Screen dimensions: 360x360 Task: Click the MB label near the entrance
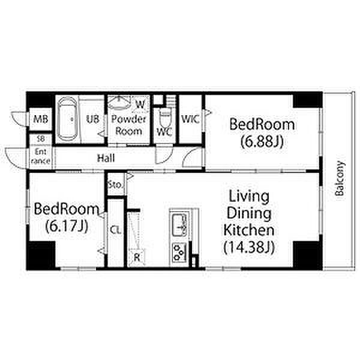click(x=40, y=119)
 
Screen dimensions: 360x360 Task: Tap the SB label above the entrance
click(x=41, y=139)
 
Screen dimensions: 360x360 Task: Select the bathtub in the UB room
click(x=67, y=119)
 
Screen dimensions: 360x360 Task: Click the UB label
click(x=93, y=119)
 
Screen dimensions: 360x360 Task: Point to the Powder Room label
click(x=128, y=125)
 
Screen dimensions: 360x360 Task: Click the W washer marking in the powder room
click(x=140, y=104)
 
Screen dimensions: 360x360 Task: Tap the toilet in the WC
click(x=165, y=117)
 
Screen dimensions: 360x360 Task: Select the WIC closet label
click(x=190, y=119)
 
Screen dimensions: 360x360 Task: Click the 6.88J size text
click(x=262, y=142)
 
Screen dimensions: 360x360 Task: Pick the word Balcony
click(x=340, y=178)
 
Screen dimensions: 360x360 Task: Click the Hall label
click(x=106, y=158)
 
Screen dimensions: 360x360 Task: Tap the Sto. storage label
click(x=115, y=185)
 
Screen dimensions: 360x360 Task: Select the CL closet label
click(x=115, y=230)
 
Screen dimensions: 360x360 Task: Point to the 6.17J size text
click(x=67, y=226)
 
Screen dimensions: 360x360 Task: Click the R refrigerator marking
click(x=137, y=257)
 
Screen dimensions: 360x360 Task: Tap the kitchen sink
click(x=179, y=225)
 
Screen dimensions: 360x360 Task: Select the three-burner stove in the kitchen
click(x=179, y=253)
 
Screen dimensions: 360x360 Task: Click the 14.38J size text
click(x=249, y=247)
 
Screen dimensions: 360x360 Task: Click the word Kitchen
click(x=249, y=230)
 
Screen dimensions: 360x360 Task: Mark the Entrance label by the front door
click(x=41, y=156)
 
